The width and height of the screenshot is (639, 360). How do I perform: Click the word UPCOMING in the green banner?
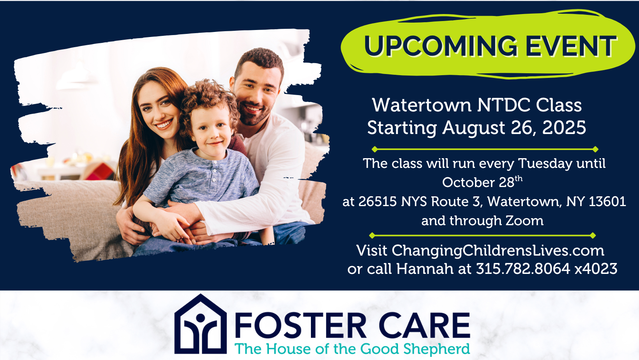point(441,46)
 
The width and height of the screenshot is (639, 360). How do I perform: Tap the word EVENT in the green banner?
point(570,46)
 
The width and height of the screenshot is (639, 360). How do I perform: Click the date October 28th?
point(482,182)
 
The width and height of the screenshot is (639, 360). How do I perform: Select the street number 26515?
point(378,201)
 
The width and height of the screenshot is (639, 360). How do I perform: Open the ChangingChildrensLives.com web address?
point(498,251)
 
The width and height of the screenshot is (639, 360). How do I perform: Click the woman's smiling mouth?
point(164,124)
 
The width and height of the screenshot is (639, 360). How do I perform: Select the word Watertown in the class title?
point(422,105)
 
